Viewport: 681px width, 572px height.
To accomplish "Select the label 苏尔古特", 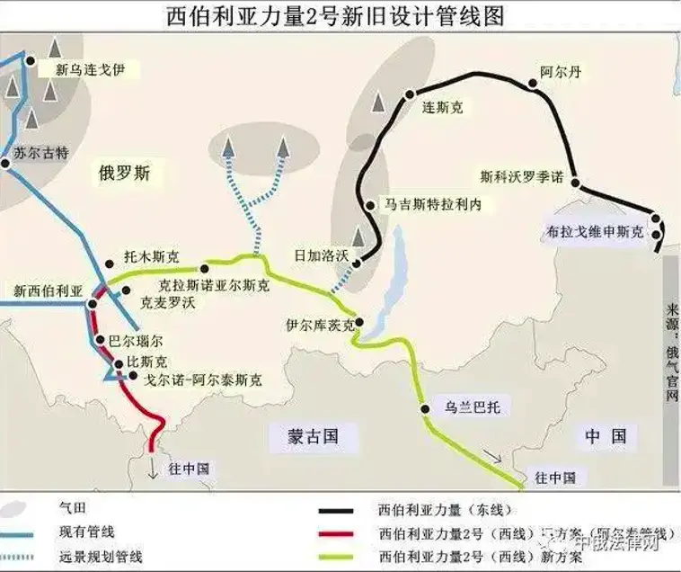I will coord(40,154).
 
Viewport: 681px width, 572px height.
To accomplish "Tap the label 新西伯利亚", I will coord(48,290).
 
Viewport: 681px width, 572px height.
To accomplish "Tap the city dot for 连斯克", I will coord(411,94).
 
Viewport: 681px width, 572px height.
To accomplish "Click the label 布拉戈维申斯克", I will coord(596,231).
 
